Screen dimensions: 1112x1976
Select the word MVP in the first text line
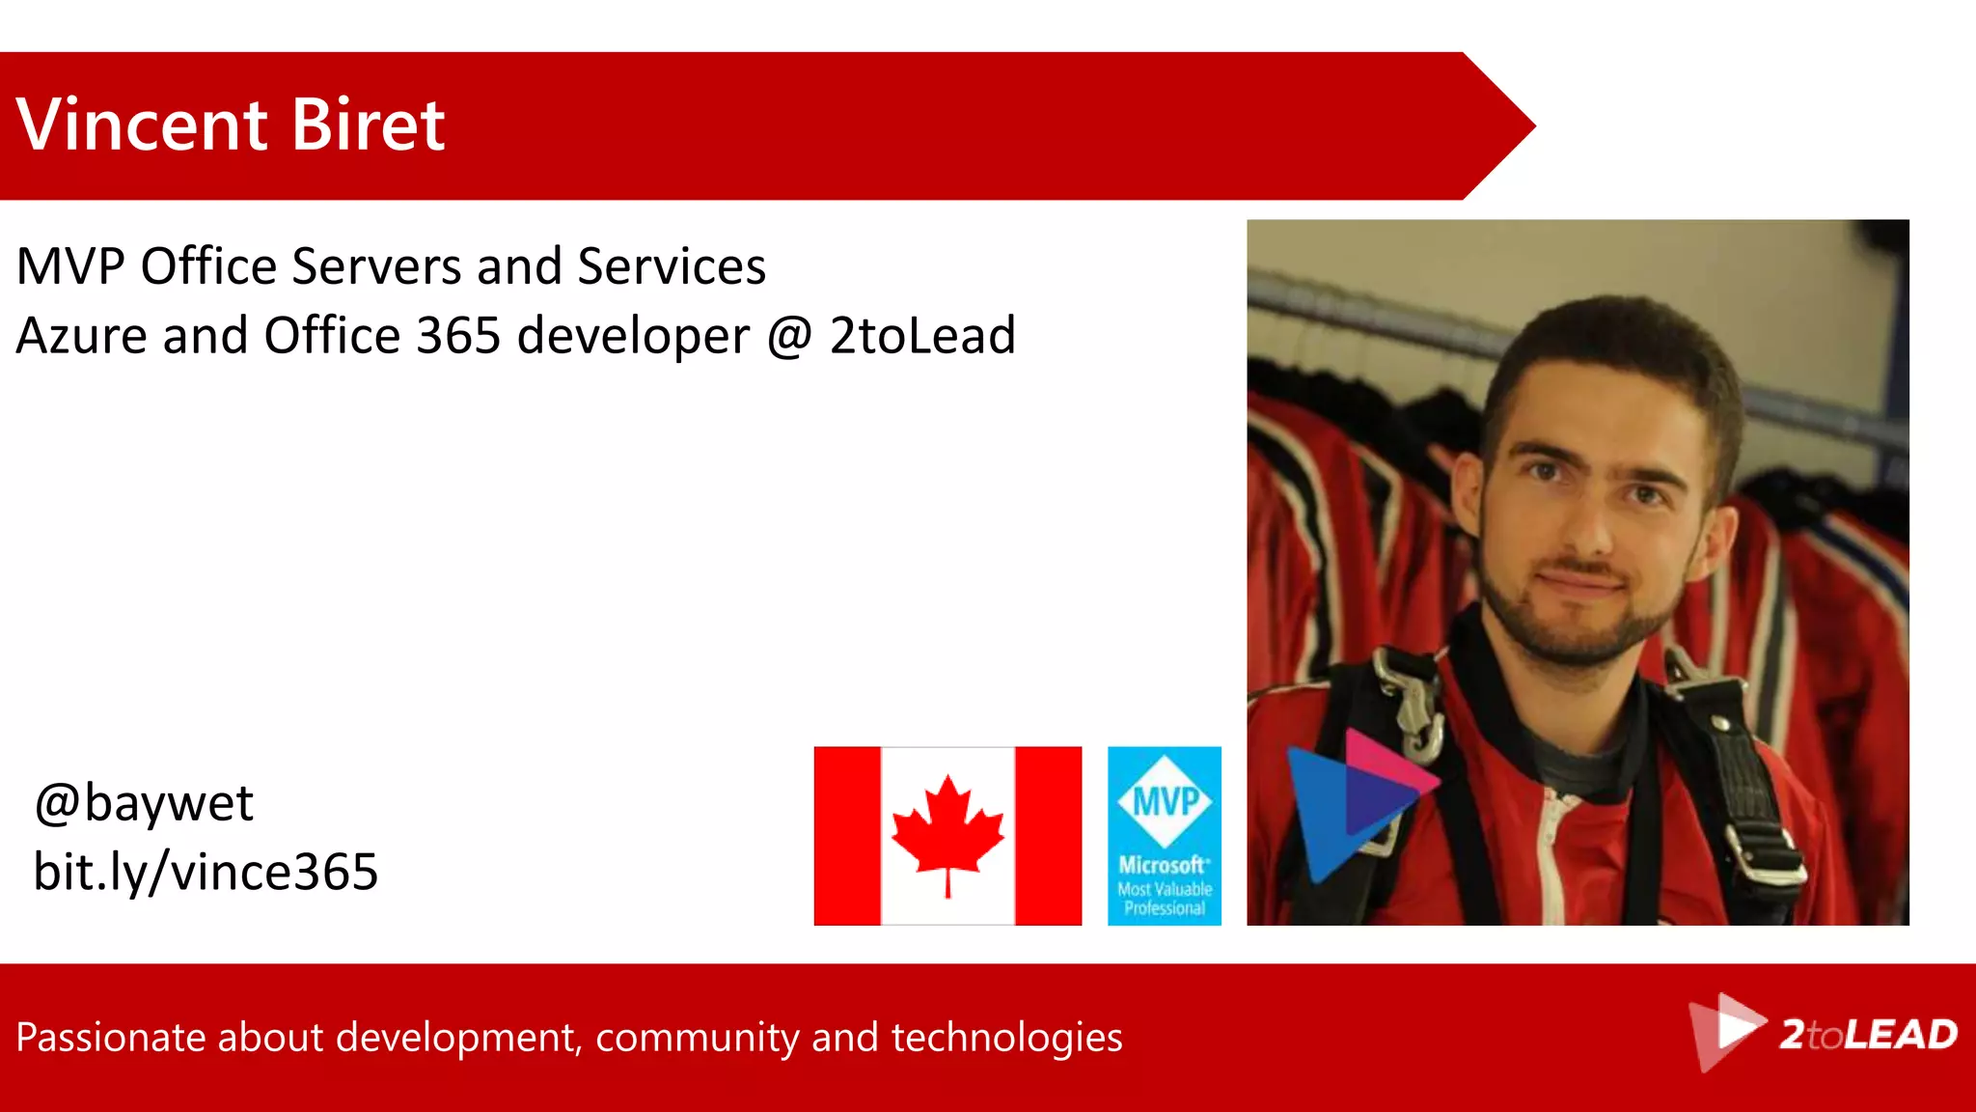[x=70, y=266]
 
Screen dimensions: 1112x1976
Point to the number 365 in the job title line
[x=458, y=336]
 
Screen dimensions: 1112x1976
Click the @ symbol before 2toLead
[x=790, y=337]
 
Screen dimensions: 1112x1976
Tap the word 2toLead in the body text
[x=922, y=336]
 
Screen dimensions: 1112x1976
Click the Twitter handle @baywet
[x=144, y=803]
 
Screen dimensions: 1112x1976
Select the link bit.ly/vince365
[x=206, y=872]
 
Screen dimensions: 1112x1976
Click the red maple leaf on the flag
[x=947, y=830]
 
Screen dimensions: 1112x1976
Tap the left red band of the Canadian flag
[x=847, y=836]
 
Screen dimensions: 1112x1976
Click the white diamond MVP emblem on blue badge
[x=1165, y=800]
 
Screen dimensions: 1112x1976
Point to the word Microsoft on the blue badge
[x=1163, y=865]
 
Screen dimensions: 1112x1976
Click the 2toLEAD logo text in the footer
[x=1868, y=1035]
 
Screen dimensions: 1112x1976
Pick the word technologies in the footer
[x=1006, y=1038]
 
